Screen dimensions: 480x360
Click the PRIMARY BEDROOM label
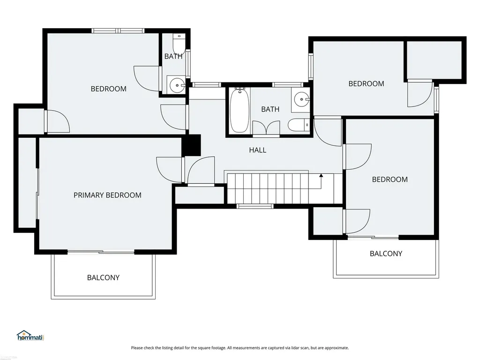coord(107,195)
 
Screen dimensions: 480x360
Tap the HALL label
coord(257,150)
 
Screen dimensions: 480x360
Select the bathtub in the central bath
coord(240,110)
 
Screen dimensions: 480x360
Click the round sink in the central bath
coord(302,99)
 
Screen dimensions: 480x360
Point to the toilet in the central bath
coord(299,125)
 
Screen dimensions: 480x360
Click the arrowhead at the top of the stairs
coord(321,176)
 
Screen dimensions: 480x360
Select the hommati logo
coord(30,336)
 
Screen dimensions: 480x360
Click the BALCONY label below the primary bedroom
coord(103,277)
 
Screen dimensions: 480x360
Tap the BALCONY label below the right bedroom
coord(386,254)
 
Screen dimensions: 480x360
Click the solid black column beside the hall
coord(191,145)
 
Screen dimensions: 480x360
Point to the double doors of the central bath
coord(266,128)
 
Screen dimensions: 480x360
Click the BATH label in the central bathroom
coord(270,109)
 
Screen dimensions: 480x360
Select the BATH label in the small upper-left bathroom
coord(173,56)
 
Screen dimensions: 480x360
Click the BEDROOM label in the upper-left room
coord(108,89)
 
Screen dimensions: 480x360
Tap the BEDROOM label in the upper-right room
coord(366,83)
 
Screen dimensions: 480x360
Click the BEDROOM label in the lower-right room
coord(390,180)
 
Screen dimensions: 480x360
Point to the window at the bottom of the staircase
coord(255,206)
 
